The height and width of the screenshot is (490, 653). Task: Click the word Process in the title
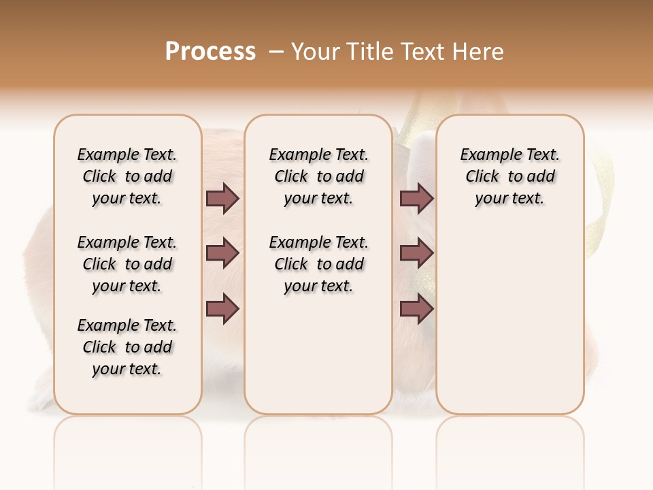[x=210, y=52]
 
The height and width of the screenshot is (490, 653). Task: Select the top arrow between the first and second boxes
[x=222, y=198]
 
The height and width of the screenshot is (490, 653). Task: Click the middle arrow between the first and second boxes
[x=222, y=254]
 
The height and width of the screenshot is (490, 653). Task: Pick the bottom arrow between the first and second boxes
[x=222, y=309]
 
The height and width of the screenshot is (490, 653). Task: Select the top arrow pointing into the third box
[x=416, y=198]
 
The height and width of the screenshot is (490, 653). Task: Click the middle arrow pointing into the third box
[x=416, y=254]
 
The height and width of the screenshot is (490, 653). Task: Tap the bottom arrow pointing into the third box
[x=416, y=309]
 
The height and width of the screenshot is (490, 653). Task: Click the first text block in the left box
[x=127, y=176]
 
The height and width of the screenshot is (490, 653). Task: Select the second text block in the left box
[x=127, y=264]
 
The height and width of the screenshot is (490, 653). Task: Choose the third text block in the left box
[x=127, y=347]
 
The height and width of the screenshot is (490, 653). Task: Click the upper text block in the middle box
[x=318, y=176]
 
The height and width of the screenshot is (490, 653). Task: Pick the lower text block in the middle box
[x=318, y=264]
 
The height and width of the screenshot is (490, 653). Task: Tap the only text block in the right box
[x=509, y=176]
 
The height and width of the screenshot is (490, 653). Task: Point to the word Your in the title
[x=313, y=52]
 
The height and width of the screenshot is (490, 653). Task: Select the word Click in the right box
[x=482, y=177]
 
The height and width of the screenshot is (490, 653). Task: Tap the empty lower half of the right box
[x=509, y=327]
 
